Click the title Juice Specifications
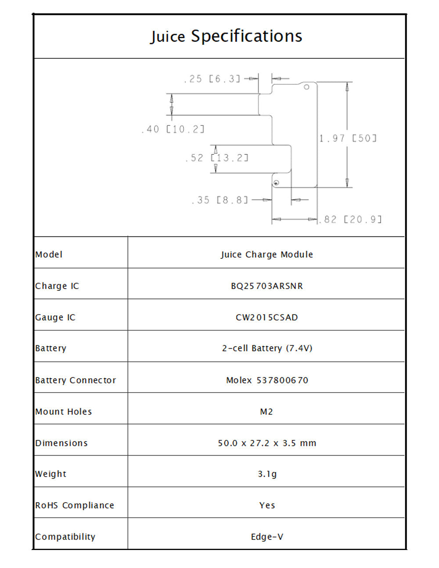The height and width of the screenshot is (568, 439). click(x=226, y=36)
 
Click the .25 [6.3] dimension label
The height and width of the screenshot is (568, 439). click(x=212, y=79)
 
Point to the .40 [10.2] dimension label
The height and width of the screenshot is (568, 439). click(x=173, y=129)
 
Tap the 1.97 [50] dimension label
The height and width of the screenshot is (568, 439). click(x=348, y=138)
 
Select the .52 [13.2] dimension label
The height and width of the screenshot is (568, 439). click(x=216, y=158)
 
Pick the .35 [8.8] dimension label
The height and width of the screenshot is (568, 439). click(x=219, y=200)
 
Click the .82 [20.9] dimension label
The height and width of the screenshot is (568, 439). click(x=350, y=220)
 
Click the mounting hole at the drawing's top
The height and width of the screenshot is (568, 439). click(x=306, y=87)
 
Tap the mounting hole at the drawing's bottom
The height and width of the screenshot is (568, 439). click(x=276, y=183)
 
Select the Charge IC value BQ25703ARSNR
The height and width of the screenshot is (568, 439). click(x=267, y=286)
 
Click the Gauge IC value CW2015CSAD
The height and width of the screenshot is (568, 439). click(x=267, y=317)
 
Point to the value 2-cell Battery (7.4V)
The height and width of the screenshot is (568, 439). click(x=267, y=348)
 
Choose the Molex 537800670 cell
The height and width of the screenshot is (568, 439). click(x=267, y=380)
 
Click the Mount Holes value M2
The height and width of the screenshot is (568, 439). click(x=266, y=412)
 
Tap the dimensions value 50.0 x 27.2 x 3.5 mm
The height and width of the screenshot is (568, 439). click(x=267, y=443)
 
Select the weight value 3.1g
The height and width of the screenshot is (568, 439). click(x=267, y=474)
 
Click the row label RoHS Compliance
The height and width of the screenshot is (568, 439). click(x=75, y=506)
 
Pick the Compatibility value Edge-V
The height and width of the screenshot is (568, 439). click(x=267, y=537)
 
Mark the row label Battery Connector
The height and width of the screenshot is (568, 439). click(x=76, y=380)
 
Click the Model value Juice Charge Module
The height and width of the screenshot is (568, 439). click(x=267, y=254)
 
